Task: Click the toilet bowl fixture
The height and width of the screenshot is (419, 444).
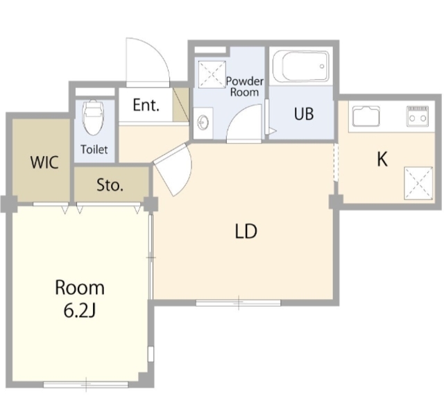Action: point(93,117)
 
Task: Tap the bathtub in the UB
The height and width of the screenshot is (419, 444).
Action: point(301,66)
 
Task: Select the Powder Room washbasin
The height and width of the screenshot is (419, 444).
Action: point(203,123)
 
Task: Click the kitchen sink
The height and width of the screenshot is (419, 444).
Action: point(366,116)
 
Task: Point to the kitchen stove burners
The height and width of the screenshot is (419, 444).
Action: point(418,116)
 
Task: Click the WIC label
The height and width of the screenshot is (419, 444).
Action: point(44,162)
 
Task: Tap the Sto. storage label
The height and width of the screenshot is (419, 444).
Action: point(110,185)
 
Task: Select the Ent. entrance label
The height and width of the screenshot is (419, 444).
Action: point(146,105)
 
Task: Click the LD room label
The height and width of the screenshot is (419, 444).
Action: point(246,231)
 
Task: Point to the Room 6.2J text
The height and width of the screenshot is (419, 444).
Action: point(80,299)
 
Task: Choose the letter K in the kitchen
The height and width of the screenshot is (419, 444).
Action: point(382,159)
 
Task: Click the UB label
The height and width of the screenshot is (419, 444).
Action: point(304,114)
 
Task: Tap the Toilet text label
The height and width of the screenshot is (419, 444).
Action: point(94,149)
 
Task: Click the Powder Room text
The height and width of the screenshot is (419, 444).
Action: point(245,87)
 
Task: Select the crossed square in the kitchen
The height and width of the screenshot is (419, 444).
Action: point(418,183)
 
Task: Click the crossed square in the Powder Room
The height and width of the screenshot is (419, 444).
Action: point(212,74)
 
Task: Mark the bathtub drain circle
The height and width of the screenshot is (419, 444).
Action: point(322,66)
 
